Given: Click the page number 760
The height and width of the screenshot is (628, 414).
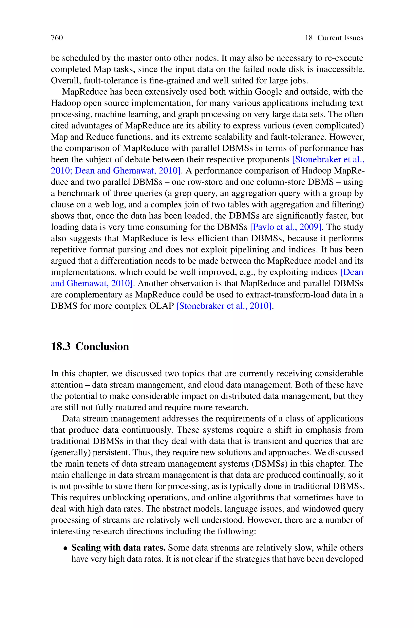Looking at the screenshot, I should [x=57, y=38].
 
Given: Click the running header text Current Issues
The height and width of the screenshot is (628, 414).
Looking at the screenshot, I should [x=340, y=38].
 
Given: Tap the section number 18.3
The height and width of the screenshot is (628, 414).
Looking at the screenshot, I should [x=60, y=346].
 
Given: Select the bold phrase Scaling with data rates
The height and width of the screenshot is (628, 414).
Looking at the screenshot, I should [x=118, y=548].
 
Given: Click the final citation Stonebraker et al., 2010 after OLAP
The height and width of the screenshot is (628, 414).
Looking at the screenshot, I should [x=224, y=306].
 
